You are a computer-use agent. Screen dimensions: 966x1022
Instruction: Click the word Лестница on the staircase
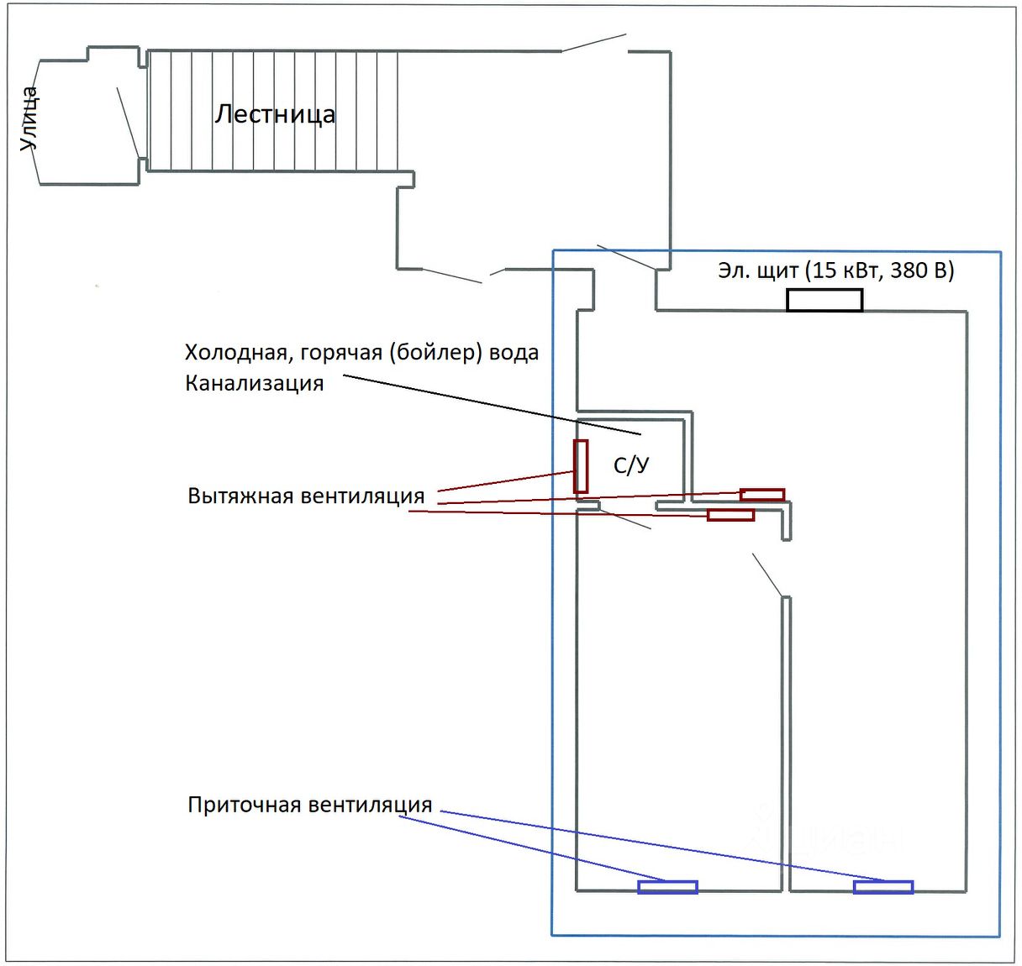275,113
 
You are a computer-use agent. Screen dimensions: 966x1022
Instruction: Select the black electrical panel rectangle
824,300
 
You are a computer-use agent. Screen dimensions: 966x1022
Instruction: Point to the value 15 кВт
843,270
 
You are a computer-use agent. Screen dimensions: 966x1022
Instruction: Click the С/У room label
631,465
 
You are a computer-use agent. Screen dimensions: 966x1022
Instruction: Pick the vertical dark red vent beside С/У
580,466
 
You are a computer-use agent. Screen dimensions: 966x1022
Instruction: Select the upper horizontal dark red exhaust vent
761,495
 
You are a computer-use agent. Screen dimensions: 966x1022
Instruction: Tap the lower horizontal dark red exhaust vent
730,515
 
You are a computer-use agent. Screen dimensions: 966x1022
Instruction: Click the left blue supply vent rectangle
667,886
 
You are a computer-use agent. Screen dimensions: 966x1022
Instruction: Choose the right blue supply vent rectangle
882,886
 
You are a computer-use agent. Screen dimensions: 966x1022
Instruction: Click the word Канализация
254,384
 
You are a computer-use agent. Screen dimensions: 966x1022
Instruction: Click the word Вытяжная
240,496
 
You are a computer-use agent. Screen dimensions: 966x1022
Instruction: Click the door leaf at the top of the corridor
593,42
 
